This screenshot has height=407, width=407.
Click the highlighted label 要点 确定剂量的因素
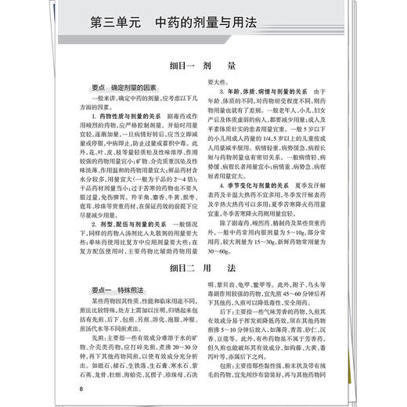(x=122, y=90)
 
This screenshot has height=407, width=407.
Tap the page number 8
(x=81, y=388)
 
